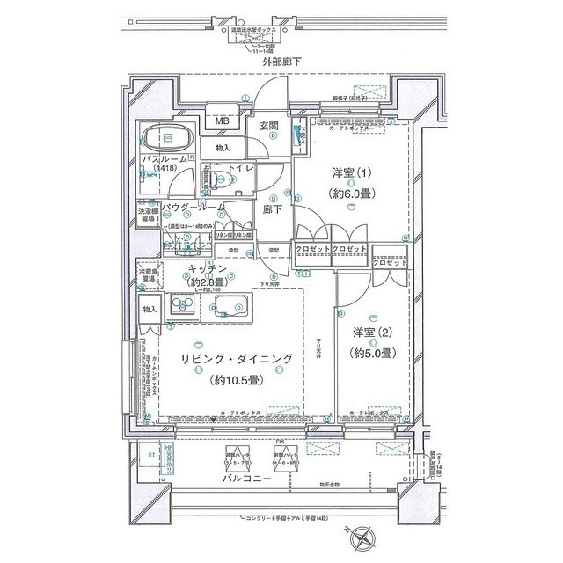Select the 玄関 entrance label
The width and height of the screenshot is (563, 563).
(x=270, y=126)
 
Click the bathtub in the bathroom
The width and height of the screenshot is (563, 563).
(x=167, y=139)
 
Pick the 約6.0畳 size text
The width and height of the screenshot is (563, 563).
(x=350, y=194)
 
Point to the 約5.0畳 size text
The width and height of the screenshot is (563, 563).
(x=372, y=353)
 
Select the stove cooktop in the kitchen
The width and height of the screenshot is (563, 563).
(x=186, y=305)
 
